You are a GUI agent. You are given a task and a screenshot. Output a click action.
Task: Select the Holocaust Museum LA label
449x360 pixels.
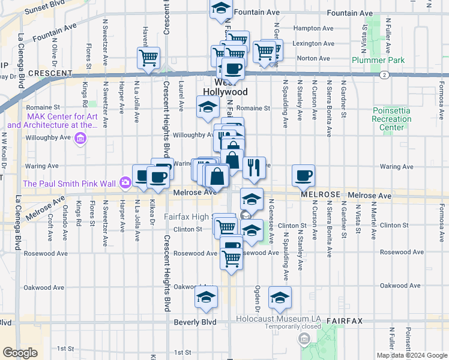point(279,318)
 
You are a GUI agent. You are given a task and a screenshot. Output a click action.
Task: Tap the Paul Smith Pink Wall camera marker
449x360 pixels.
point(125,182)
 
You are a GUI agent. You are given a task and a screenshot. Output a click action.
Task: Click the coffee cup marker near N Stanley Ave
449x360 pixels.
point(303,176)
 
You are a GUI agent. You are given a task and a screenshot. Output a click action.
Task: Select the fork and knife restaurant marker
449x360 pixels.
point(254,168)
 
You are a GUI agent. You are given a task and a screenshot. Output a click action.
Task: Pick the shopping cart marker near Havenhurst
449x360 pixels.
point(148,58)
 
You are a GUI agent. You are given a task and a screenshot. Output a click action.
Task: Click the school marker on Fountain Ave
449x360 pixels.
point(221,9)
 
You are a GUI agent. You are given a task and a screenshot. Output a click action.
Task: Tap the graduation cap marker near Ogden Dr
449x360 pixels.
point(280,298)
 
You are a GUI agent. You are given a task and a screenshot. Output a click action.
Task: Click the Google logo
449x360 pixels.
point(20,353)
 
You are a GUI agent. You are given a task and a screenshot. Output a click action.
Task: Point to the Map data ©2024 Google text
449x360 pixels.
point(411,355)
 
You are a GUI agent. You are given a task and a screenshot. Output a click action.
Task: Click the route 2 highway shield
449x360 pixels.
point(383,75)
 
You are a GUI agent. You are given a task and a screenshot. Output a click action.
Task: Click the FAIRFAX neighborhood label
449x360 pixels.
point(345,321)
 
